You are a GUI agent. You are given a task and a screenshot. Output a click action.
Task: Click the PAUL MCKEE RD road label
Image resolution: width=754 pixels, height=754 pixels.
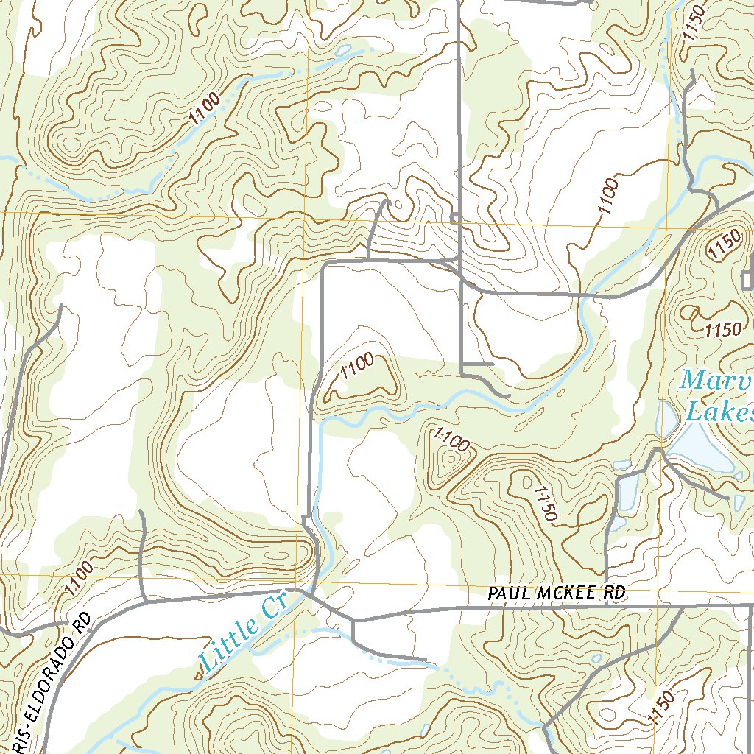557,593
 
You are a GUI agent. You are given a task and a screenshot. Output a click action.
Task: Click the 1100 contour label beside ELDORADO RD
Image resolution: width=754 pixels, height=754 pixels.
78,579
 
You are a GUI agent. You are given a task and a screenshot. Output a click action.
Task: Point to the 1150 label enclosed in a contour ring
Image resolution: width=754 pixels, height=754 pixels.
722,244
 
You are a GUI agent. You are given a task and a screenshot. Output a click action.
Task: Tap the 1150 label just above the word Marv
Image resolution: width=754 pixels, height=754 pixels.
722,330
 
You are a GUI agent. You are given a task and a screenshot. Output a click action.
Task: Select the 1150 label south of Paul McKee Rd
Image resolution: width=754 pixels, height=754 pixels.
662,709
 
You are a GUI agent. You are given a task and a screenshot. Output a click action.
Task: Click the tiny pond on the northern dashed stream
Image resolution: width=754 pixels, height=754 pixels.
342,52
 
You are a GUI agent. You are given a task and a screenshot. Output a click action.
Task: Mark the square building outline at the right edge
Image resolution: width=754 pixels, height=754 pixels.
748,280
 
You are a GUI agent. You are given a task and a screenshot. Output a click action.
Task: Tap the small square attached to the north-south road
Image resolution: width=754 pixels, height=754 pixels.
456,217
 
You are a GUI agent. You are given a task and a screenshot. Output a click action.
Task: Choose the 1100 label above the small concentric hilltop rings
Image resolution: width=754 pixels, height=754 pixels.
451,443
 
